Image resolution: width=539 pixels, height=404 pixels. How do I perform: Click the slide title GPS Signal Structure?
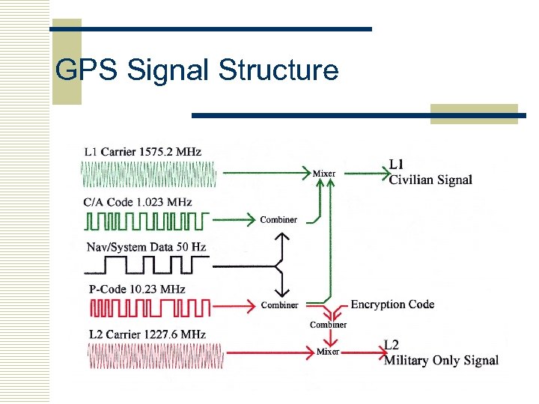click(198, 70)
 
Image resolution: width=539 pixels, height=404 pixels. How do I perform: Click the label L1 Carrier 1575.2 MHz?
click(143, 151)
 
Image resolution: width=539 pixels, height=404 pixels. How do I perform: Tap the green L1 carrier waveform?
click(148, 175)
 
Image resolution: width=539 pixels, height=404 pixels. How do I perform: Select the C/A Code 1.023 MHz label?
click(138, 202)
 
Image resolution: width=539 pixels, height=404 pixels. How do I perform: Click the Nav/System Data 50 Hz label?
click(146, 246)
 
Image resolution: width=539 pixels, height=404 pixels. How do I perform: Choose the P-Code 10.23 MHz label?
click(137, 290)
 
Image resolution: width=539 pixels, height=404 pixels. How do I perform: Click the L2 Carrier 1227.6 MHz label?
click(146, 334)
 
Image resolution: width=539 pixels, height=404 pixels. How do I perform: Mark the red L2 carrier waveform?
click(153, 355)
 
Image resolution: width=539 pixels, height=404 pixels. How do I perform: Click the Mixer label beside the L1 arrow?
click(323, 174)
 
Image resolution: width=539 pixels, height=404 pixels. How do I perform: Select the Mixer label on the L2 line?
click(328, 351)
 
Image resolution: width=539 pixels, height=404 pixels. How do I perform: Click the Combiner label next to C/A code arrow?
click(278, 220)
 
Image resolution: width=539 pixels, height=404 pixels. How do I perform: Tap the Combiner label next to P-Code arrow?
click(279, 305)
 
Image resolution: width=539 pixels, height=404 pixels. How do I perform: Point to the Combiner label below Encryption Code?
click(328, 325)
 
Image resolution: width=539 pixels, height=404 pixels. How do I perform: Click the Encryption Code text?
click(392, 304)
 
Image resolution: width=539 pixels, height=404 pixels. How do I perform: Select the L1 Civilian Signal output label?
click(430, 173)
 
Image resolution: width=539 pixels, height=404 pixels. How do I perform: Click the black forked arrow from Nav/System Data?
click(278, 264)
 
